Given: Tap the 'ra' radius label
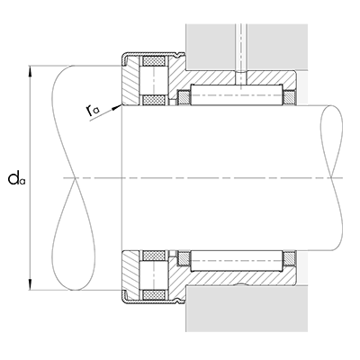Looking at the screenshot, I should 93,110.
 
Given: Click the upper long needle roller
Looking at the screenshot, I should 238,92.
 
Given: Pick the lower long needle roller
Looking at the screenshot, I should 238,263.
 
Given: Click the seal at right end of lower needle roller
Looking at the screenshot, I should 292,263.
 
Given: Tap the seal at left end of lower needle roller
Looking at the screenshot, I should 185,263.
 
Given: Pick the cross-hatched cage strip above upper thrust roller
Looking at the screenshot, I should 150,62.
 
